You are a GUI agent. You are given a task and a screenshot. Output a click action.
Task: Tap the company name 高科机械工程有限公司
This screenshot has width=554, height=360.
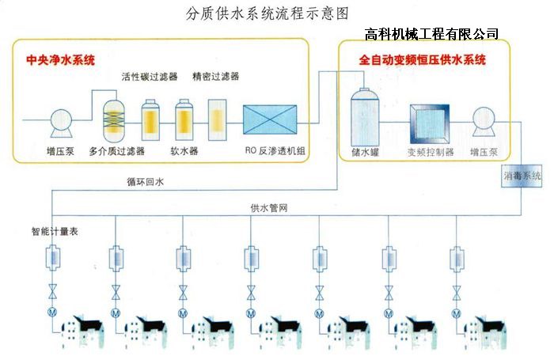[x=432, y=33]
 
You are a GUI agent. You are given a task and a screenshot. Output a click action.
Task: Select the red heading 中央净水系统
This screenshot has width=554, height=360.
[x=60, y=59]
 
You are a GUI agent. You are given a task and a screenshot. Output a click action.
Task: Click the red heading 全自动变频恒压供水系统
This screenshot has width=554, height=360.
[x=423, y=59]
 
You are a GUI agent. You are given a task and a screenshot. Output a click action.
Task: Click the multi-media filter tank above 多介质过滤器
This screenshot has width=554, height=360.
[x=116, y=120]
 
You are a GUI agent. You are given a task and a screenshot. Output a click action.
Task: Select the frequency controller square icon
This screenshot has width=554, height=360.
[x=430, y=123]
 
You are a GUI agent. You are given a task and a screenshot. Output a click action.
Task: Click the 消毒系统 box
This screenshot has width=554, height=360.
[x=522, y=176]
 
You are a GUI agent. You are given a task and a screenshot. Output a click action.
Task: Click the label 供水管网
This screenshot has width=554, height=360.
[x=268, y=207]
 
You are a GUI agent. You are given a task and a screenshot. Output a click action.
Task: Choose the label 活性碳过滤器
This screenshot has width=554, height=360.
[x=146, y=77]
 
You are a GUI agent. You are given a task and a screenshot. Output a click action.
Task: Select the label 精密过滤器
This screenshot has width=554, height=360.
[x=215, y=77]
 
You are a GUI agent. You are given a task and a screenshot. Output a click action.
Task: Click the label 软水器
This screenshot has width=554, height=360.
[x=184, y=149]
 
